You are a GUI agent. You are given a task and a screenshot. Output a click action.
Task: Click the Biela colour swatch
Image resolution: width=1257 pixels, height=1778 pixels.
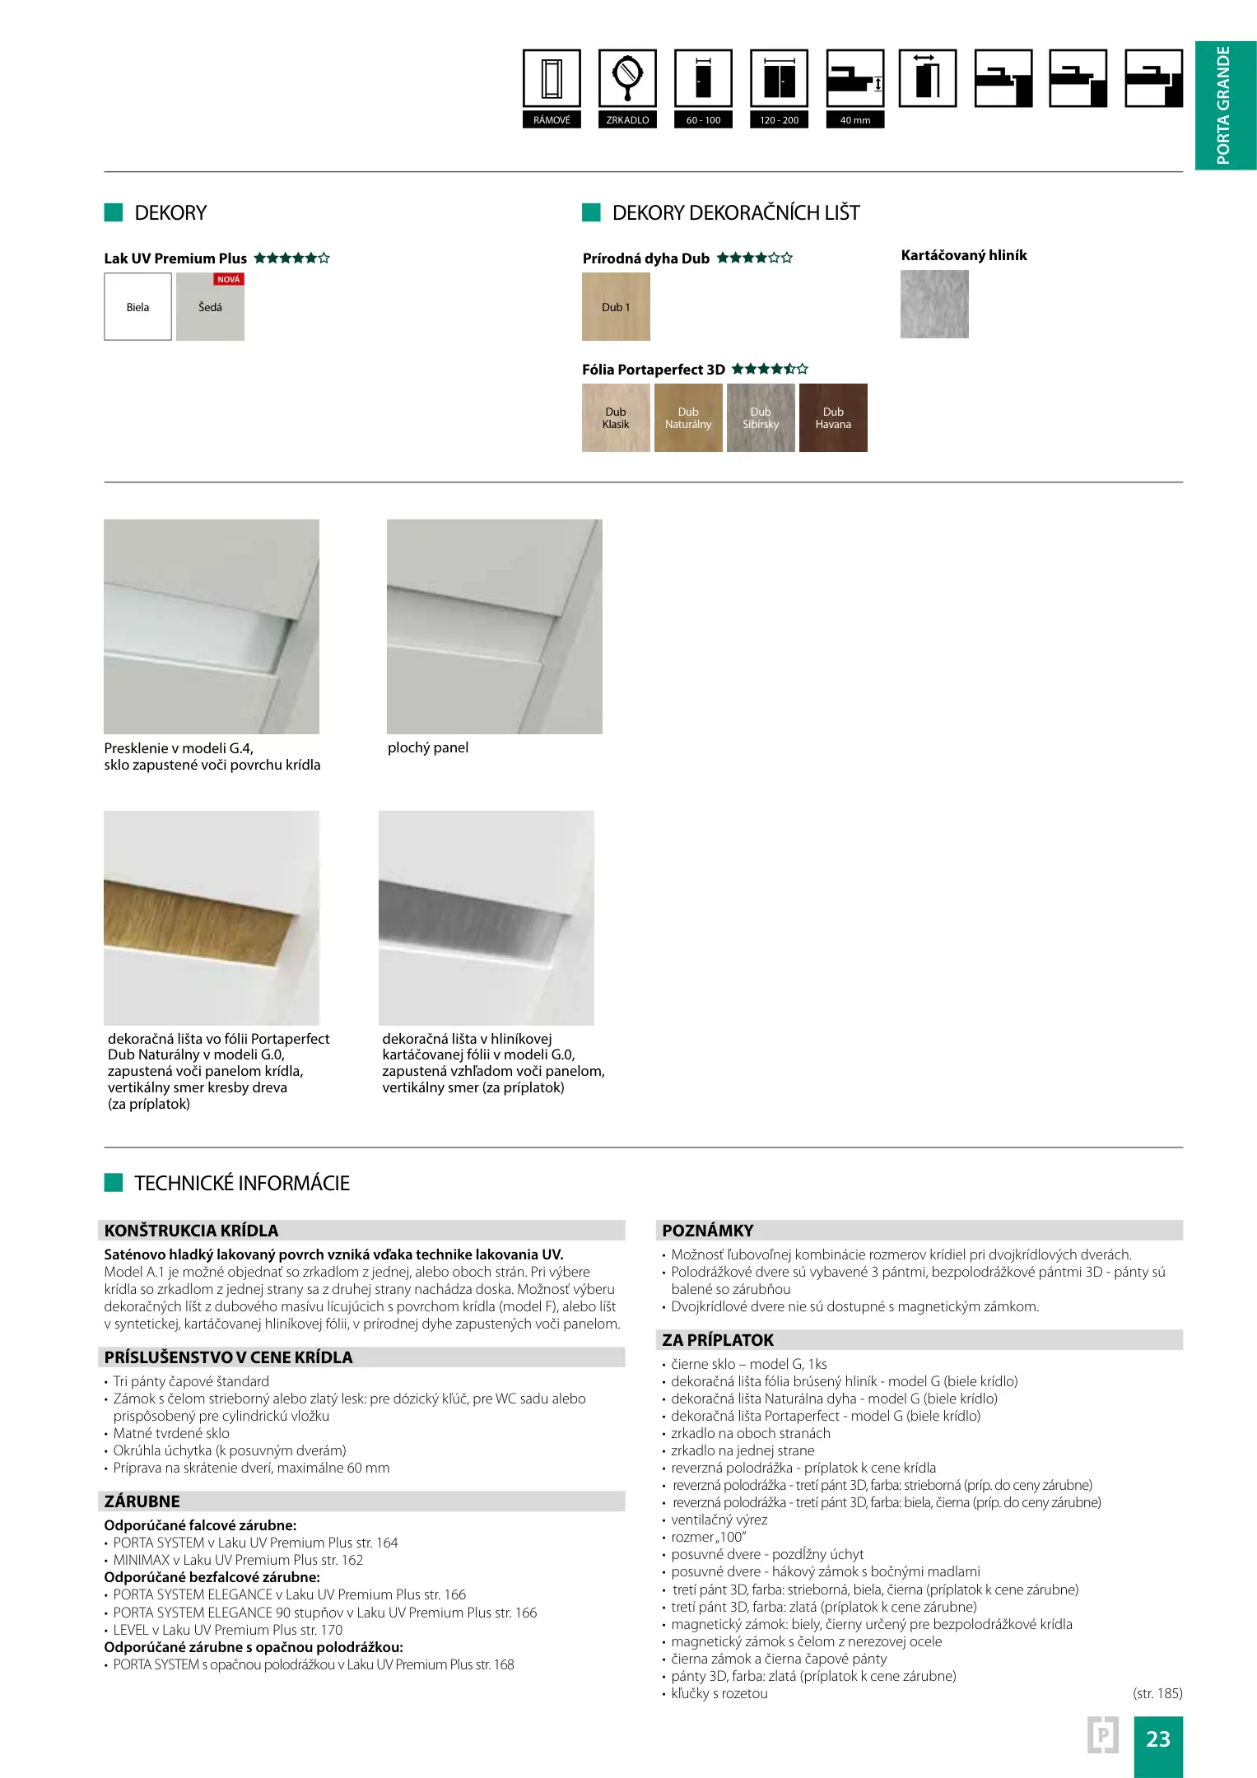pyautogui.click(x=137, y=307)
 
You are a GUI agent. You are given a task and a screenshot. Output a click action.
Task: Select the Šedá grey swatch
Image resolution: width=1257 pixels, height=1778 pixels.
pyautogui.click(x=210, y=308)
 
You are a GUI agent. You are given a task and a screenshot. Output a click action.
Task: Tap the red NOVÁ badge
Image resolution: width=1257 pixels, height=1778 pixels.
pyautogui.click(x=229, y=279)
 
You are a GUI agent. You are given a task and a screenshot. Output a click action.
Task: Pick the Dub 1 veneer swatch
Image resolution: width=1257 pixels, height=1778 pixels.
pyautogui.click(x=616, y=307)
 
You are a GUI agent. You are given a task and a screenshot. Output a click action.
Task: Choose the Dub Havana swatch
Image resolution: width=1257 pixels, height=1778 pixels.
pyautogui.click(x=833, y=418)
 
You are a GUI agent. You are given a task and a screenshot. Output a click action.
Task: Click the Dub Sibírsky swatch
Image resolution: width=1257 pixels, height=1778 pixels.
pyautogui.click(x=761, y=418)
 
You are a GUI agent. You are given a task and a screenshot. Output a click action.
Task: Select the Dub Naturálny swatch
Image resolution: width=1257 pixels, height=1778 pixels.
pyautogui.click(x=688, y=418)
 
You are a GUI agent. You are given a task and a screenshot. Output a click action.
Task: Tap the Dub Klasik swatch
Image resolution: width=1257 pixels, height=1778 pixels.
pyautogui.click(x=616, y=418)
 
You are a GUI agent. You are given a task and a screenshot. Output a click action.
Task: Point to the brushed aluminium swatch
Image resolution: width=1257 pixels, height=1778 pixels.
pyautogui.click(x=934, y=304)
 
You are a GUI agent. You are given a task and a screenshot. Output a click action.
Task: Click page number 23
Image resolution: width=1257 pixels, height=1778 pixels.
pyautogui.click(x=1157, y=1738)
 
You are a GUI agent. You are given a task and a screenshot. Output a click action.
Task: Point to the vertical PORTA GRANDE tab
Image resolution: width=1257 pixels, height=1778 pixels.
pyautogui.click(x=1225, y=105)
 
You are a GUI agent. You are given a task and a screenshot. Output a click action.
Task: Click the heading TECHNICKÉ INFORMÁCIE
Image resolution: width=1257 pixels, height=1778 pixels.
pyautogui.click(x=242, y=1183)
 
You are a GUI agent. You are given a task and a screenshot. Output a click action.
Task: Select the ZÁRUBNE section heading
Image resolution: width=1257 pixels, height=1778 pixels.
pyautogui.click(x=142, y=1501)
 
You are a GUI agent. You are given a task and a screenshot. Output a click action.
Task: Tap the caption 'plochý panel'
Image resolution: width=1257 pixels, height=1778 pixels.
pyautogui.click(x=428, y=747)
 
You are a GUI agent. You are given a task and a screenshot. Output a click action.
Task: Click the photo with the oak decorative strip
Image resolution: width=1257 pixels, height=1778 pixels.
pyautogui.click(x=212, y=918)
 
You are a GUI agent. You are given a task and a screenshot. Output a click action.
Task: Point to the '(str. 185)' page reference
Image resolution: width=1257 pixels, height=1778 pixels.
pyautogui.click(x=1157, y=1693)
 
